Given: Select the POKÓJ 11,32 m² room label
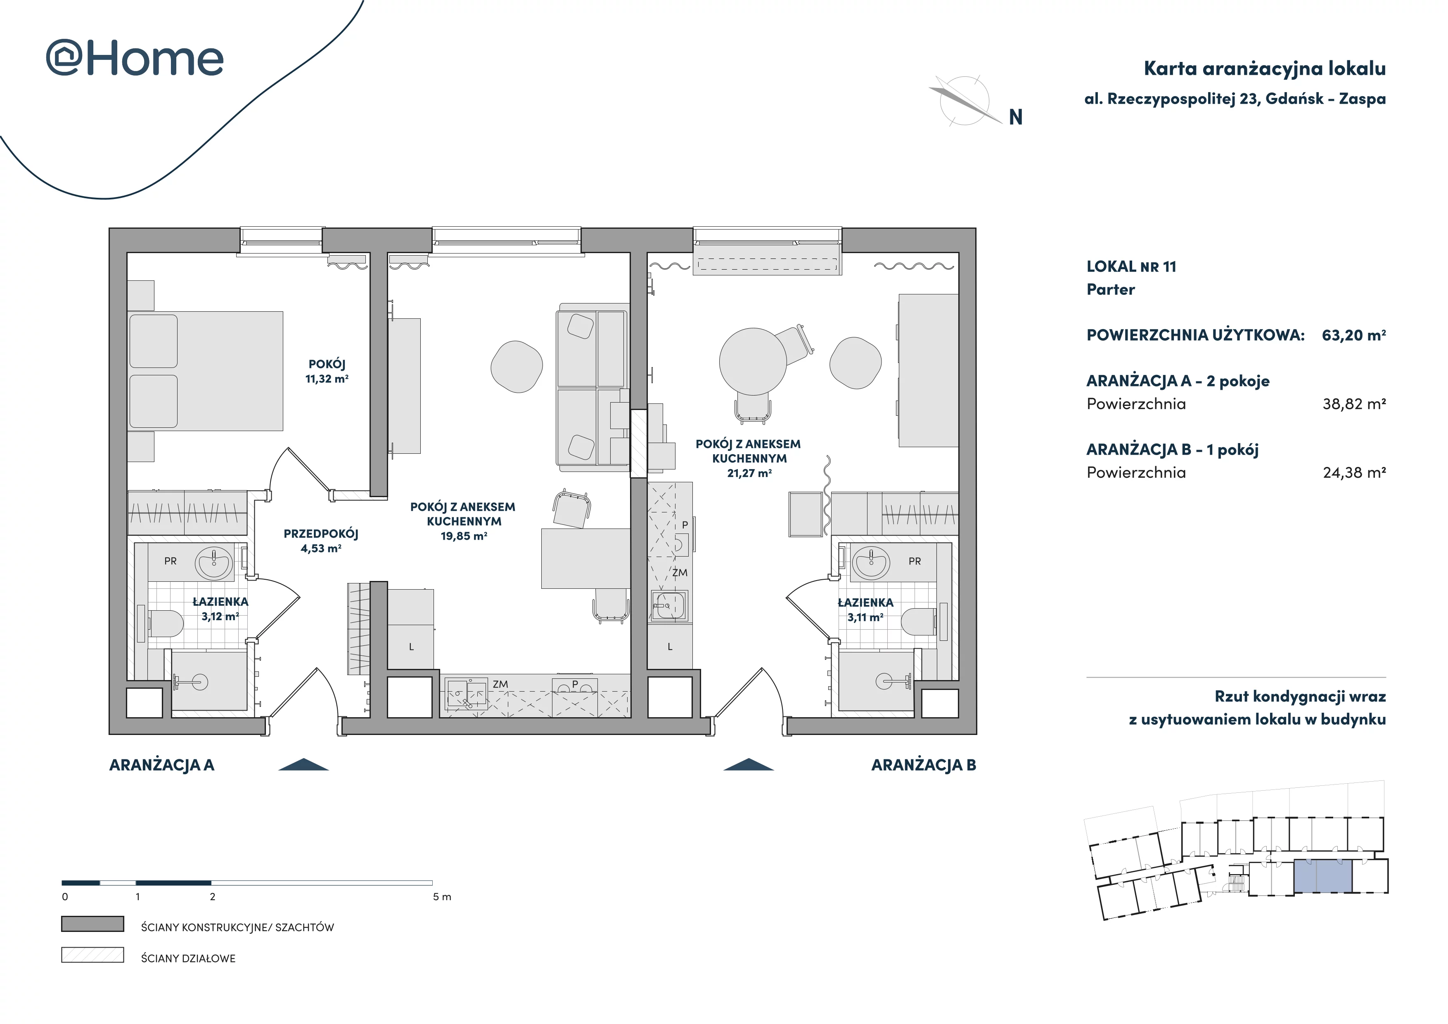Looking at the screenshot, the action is pyautogui.click(x=327, y=371).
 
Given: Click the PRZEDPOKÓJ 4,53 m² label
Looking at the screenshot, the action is pyautogui.click(x=321, y=541).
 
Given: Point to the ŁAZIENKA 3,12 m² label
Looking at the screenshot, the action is pyautogui.click(x=220, y=609).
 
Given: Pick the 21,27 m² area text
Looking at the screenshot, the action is pyautogui.click(x=749, y=473).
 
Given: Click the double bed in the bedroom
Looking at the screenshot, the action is pyautogui.click(x=205, y=371).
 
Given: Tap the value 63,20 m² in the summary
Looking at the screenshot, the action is pyautogui.click(x=1353, y=335).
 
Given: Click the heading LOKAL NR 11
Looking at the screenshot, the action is pyautogui.click(x=1131, y=267).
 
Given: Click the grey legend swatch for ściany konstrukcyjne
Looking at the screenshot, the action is pyautogui.click(x=93, y=924).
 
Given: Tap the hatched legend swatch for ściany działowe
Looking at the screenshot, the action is pyautogui.click(x=93, y=955).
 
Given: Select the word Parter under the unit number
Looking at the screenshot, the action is pyautogui.click(x=1111, y=290).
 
